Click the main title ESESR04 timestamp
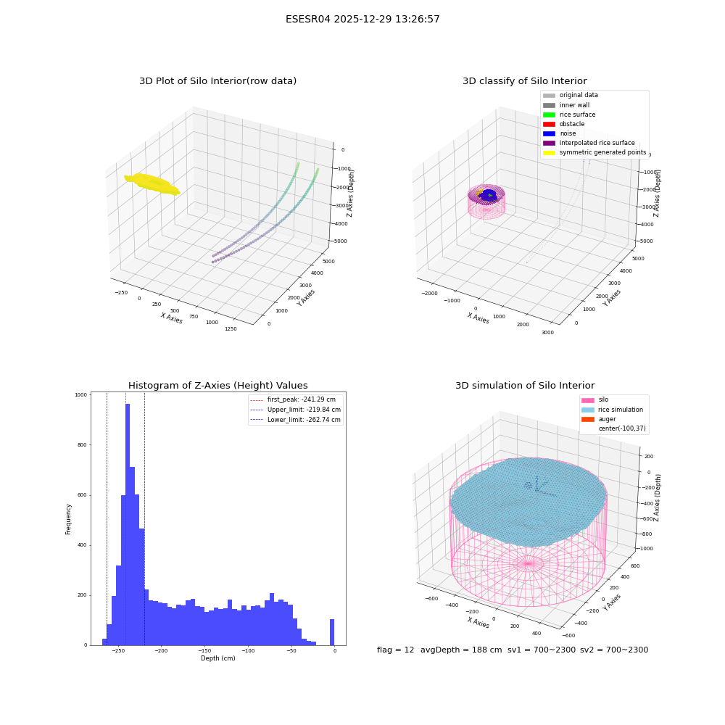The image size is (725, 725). (362, 19)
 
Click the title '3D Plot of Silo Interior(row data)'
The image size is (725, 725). (217, 81)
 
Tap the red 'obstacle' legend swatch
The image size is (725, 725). (549, 125)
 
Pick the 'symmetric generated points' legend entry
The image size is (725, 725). (594, 152)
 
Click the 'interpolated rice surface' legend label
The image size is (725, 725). (597, 143)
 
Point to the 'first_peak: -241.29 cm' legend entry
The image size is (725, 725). (293, 399)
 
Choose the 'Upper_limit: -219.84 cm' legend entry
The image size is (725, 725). (296, 410)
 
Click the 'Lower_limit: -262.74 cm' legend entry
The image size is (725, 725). (296, 420)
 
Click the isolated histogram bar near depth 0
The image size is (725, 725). (332, 632)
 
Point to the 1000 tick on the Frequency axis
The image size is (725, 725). (81, 395)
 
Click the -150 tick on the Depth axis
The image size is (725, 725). (204, 651)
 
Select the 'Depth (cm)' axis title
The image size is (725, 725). (217, 658)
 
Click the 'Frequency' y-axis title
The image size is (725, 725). (68, 519)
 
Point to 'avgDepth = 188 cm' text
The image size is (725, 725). (461, 650)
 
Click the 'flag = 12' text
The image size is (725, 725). (395, 650)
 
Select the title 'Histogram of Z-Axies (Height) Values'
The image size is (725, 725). (217, 386)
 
